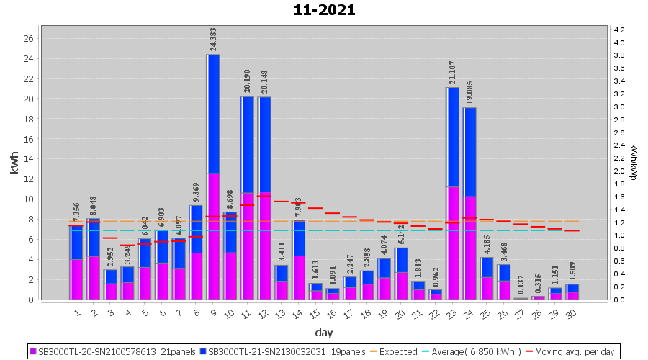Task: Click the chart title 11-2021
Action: (x=324, y=10)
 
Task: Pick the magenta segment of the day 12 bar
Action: (x=264, y=246)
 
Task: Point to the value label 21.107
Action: (x=452, y=72)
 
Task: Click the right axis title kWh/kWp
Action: (x=634, y=161)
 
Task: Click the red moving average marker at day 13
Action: (x=282, y=202)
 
